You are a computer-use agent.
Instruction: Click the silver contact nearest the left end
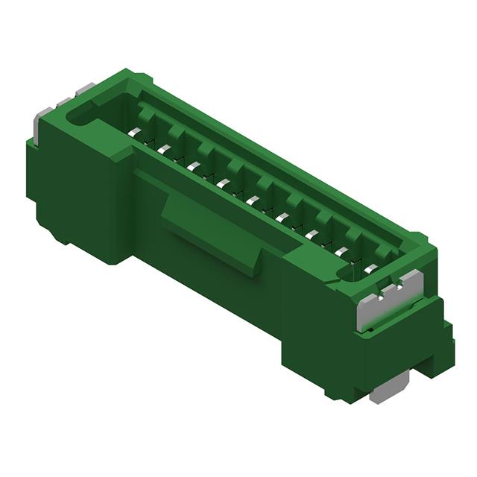click(134, 133)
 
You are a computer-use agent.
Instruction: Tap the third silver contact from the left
click(194, 166)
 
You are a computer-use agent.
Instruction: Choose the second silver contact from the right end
click(341, 250)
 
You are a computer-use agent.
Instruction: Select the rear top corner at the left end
click(127, 75)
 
